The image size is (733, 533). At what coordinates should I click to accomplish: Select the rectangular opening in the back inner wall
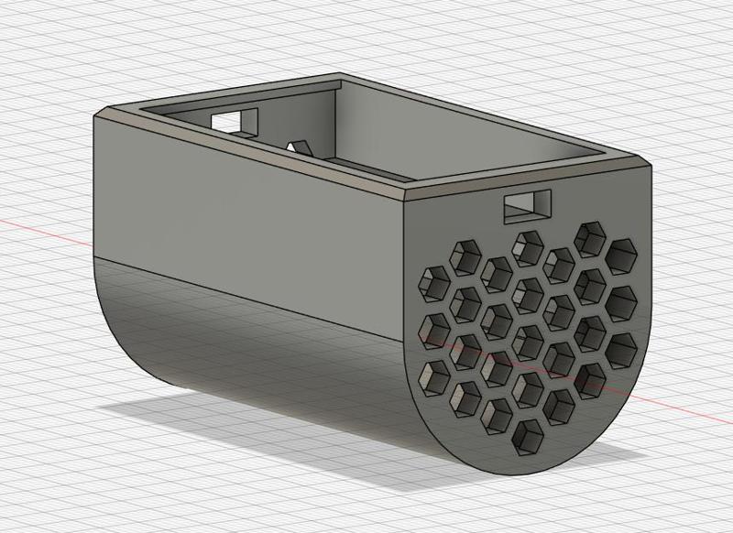point(235,119)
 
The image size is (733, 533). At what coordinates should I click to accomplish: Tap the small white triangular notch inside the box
point(297,146)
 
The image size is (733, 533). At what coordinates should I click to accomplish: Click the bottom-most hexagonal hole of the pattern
point(528,435)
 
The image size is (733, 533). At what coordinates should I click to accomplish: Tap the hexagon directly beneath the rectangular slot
point(528,245)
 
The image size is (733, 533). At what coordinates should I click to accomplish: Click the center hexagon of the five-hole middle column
point(528,340)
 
